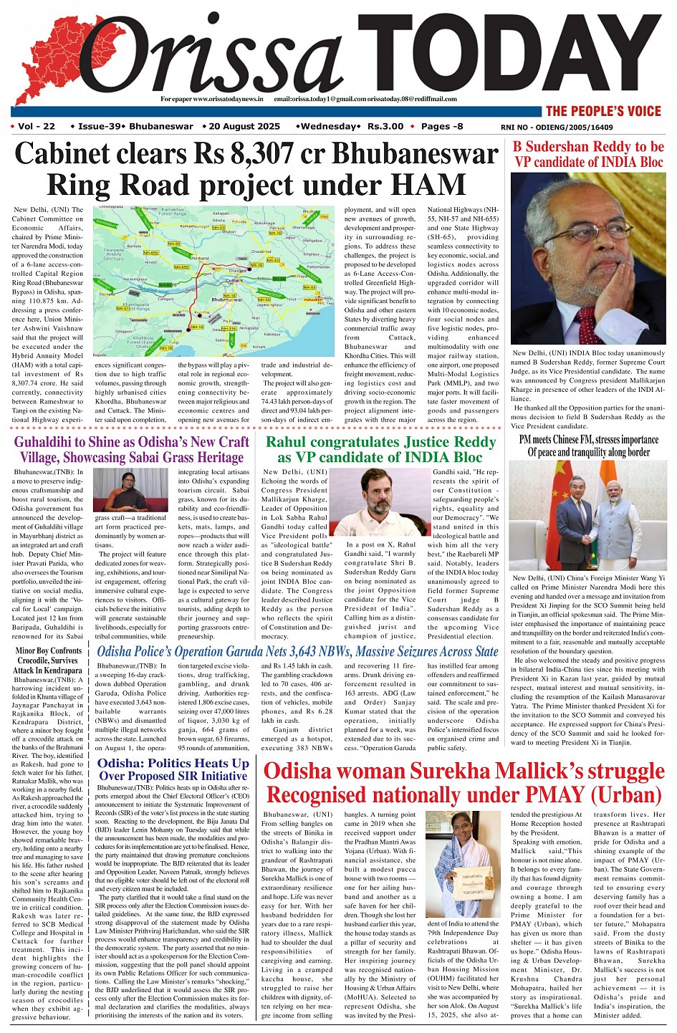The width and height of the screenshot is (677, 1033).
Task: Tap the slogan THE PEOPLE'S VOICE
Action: click(603, 111)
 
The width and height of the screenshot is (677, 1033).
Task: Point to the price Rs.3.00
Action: click(385, 127)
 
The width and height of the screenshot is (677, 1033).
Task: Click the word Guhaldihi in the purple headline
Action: click(54, 442)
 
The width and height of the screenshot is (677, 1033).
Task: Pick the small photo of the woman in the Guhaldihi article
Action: click(131, 490)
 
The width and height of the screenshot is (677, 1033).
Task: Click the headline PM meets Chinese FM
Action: click(588, 446)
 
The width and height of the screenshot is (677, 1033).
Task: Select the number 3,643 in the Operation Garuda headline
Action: click(298, 652)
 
